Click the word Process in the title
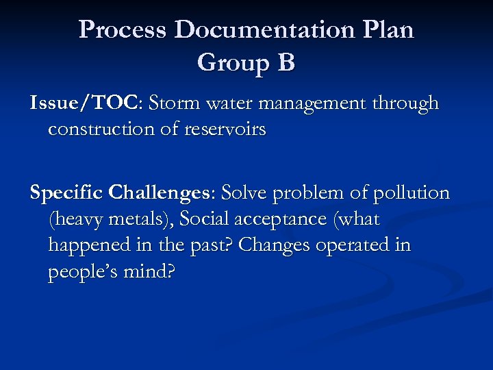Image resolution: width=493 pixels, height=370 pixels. click(x=123, y=30)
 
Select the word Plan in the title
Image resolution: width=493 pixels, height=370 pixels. click(x=389, y=30)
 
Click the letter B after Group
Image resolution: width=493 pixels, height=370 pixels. click(x=286, y=63)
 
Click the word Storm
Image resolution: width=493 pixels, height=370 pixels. click(x=175, y=103)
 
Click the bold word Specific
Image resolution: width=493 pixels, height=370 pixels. click(x=67, y=194)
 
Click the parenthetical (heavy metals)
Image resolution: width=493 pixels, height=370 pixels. click(x=109, y=220)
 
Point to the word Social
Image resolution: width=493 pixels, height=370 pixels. click(x=203, y=219)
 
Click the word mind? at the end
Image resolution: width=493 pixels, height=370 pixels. click(x=150, y=271)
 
